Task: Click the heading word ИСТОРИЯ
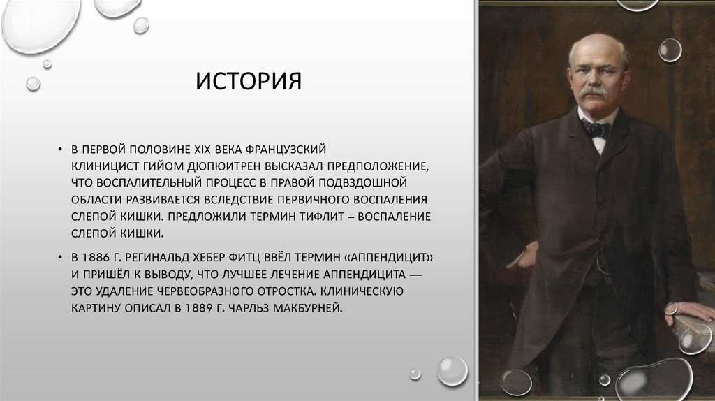249,81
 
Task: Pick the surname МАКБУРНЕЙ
312,307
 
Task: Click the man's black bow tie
596,128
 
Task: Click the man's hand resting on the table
688,311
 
